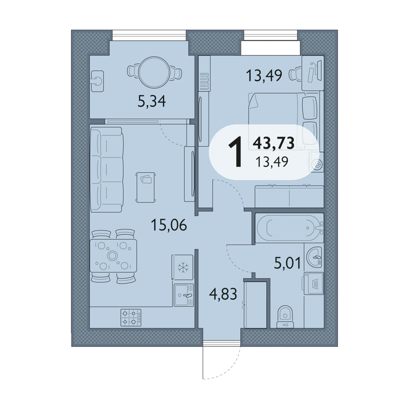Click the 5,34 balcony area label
tap(151, 101)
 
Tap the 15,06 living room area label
tap(169, 225)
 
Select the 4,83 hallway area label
tap(223, 294)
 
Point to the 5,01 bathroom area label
tap(287, 263)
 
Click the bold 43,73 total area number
tap(274, 143)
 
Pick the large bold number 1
tap(235, 152)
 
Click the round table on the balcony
tap(154, 72)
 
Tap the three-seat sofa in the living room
tap(106, 170)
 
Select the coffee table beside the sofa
tap(146, 187)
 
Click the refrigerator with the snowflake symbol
tap(183, 267)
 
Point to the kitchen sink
tap(184, 295)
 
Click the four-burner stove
tap(131, 317)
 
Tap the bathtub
tap(289, 228)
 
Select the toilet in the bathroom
tap(285, 316)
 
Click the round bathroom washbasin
tap(314, 257)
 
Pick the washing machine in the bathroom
tap(313, 284)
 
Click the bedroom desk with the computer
tap(313, 73)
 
